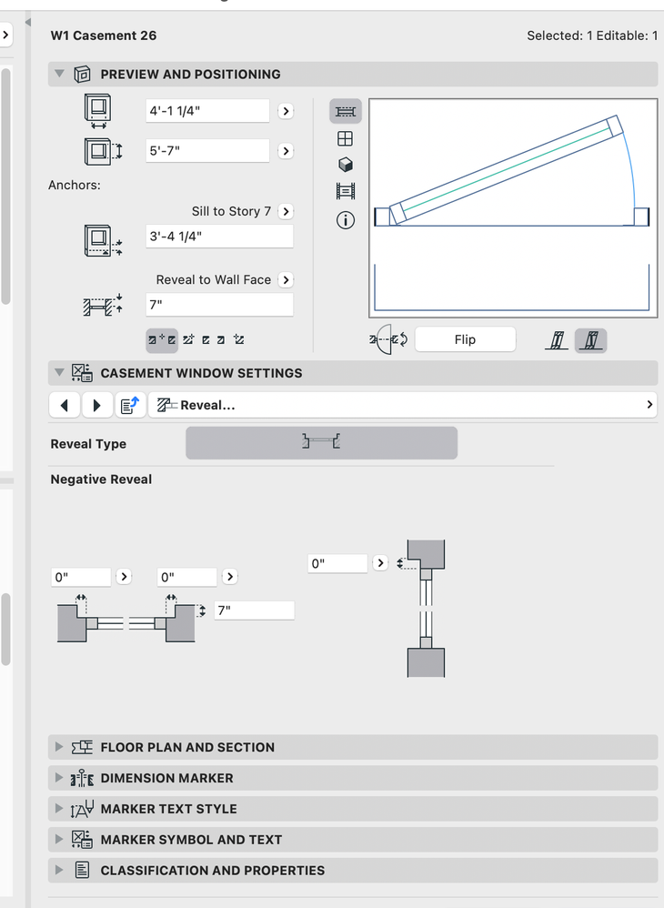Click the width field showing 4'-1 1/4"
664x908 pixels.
coord(207,111)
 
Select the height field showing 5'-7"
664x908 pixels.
coord(207,151)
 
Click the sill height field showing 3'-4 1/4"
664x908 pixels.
coord(218,237)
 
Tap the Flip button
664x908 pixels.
coord(465,339)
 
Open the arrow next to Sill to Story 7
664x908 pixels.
coord(286,211)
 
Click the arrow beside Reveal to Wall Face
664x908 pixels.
coord(286,280)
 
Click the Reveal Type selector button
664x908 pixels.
coord(321,443)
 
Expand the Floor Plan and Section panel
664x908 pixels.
coord(187,747)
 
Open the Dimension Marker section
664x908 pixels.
coord(166,778)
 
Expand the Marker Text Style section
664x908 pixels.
coord(168,809)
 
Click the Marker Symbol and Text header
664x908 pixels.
coord(191,840)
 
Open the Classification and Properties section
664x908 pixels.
coord(212,871)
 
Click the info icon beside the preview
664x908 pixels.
coord(346,219)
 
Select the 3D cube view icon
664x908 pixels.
coord(346,166)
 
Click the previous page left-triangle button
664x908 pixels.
coord(64,406)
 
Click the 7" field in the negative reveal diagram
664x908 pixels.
coord(254,610)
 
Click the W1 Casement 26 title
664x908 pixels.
coord(104,35)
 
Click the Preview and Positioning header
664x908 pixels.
coord(190,75)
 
